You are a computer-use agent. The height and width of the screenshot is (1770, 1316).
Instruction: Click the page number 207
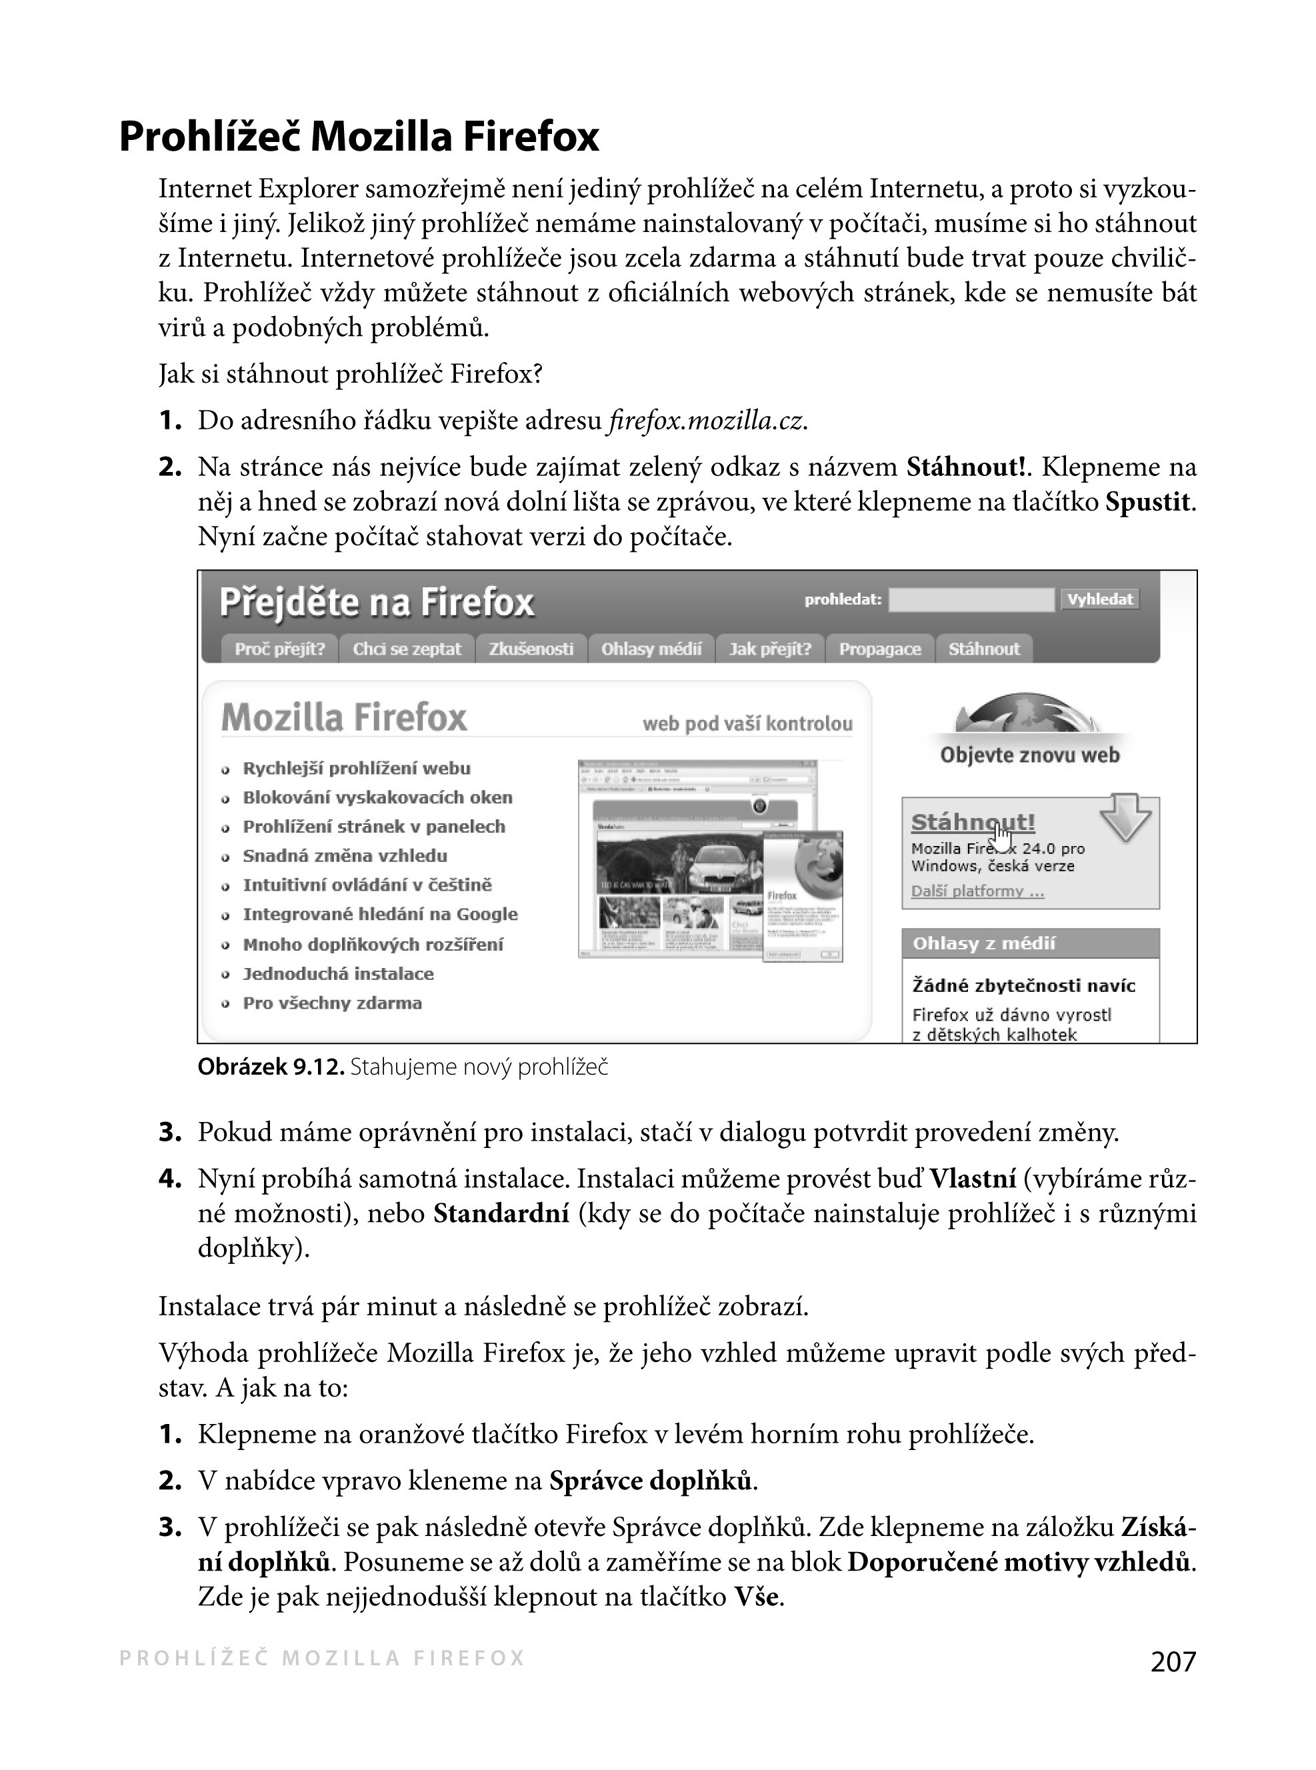(x=1173, y=1661)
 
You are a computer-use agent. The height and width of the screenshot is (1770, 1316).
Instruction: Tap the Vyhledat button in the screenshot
(x=1099, y=599)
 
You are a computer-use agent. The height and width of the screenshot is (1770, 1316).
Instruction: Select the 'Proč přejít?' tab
(x=279, y=649)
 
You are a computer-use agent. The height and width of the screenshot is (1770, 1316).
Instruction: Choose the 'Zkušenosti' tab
(x=531, y=649)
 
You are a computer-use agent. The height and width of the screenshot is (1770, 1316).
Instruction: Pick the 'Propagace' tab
(x=879, y=649)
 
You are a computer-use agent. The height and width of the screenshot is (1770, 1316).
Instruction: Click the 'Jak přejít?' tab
(x=769, y=649)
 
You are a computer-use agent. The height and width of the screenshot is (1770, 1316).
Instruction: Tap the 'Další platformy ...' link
(x=977, y=891)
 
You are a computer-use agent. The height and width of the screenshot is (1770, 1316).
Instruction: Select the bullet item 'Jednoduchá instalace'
(x=338, y=973)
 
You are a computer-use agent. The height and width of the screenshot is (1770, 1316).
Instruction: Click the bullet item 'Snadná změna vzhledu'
(x=344, y=855)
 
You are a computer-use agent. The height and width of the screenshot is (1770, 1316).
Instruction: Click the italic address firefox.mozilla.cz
(x=706, y=421)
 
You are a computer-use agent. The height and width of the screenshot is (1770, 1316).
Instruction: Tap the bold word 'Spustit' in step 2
(x=1148, y=502)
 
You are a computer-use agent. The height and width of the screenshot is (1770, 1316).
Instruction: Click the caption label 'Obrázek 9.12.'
(x=271, y=1067)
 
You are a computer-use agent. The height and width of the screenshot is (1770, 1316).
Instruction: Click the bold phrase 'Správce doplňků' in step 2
(x=650, y=1481)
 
